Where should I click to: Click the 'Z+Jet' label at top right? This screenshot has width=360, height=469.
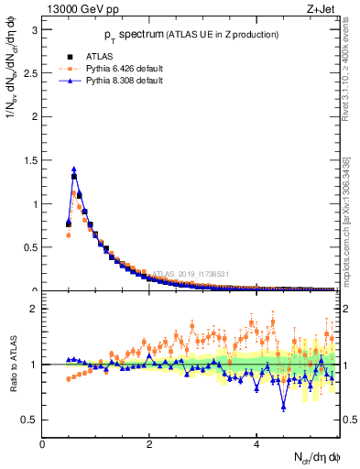[322, 10]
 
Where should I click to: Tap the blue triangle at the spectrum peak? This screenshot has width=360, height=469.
[73, 169]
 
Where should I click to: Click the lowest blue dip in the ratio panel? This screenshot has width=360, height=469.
[285, 406]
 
